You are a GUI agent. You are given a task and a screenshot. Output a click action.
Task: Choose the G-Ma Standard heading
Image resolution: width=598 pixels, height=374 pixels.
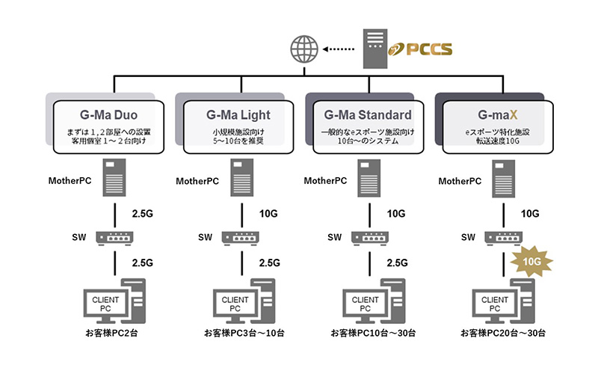[x=368, y=115]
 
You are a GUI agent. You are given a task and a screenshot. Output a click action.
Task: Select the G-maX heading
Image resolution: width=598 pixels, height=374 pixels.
[x=496, y=115]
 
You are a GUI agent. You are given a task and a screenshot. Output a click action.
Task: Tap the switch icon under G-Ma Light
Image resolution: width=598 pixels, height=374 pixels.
[x=241, y=237]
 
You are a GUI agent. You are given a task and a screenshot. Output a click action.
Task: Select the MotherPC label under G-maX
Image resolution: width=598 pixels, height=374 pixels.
[x=459, y=181]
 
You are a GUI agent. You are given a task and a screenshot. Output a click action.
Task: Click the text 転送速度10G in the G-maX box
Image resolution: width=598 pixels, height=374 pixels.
[x=496, y=142]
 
